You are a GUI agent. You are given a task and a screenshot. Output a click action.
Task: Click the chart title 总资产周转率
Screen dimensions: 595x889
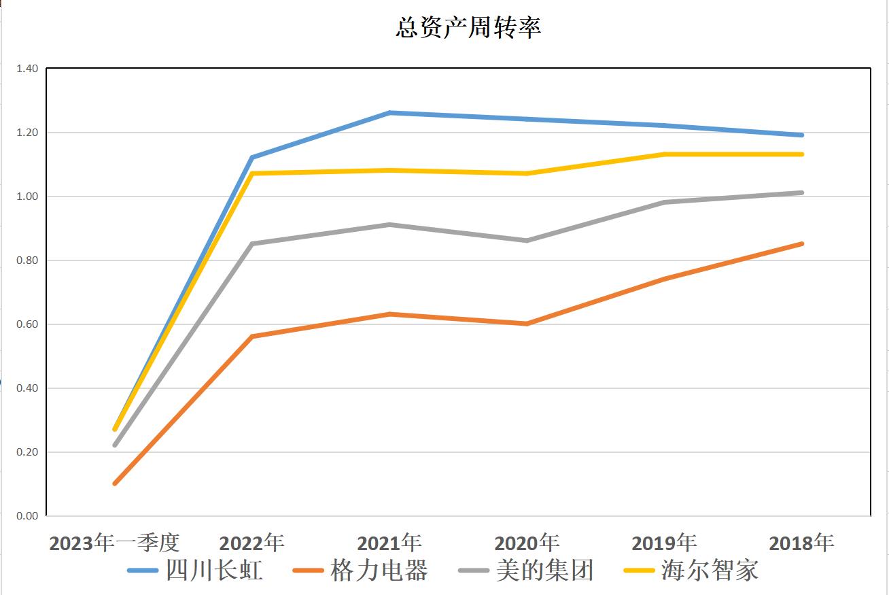(x=468, y=29)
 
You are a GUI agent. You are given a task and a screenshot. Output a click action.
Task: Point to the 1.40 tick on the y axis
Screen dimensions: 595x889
(x=27, y=69)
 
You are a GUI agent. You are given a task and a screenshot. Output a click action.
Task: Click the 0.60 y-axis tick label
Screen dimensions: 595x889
(x=27, y=324)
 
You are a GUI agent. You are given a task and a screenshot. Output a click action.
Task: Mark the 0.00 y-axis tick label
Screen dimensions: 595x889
(x=27, y=516)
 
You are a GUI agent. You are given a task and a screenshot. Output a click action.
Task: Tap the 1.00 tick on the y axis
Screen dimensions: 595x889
(x=27, y=197)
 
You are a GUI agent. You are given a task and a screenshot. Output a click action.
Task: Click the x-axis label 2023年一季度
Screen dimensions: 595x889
(x=114, y=543)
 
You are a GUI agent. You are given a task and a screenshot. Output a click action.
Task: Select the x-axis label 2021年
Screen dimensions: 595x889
(x=389, y=543)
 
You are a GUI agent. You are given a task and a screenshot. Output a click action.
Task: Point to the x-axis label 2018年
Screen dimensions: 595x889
(x=801, y=543)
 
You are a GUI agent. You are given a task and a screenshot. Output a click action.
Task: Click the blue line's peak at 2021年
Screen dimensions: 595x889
(x=389, y=113)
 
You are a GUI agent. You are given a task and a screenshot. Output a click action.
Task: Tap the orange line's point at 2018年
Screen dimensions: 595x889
(x=802, y=243)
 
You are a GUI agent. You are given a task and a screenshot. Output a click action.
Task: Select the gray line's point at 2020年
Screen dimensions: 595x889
(x=527, y=241)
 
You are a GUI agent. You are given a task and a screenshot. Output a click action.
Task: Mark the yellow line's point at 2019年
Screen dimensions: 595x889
(x=665, y=154)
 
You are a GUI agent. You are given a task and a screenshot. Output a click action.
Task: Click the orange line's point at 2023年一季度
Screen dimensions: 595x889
(x=115, y=483)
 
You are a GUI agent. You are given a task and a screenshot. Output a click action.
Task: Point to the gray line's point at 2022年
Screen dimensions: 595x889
(x=252, y=243)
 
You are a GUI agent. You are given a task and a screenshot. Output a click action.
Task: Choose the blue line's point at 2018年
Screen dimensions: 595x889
(x=802, y=135)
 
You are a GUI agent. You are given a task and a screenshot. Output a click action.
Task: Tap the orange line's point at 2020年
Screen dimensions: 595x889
(x=527, y=324)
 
